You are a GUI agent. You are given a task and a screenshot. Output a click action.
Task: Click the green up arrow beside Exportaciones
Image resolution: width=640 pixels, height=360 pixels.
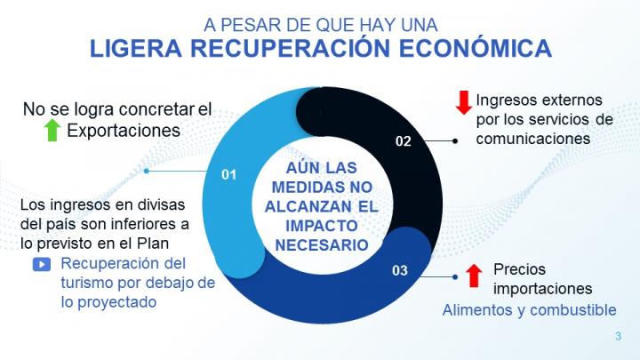coord(52,132)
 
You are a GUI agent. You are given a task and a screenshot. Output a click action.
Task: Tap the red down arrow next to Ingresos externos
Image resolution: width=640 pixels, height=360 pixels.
coord(463,102)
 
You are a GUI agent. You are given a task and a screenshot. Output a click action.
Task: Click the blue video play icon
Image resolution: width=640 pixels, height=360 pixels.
coord(41,264)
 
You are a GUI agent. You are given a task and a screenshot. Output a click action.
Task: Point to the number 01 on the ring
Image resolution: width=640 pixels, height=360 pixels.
coord(228,174)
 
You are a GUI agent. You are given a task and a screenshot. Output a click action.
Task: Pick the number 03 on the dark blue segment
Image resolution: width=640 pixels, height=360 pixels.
coord(399,269)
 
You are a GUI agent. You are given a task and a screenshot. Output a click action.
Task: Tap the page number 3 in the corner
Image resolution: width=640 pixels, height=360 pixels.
coord(618,336)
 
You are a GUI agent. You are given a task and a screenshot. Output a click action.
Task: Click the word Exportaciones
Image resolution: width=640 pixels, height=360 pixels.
coord(124,132)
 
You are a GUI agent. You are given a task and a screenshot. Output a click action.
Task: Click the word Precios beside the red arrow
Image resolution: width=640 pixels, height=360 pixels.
coord(519,269)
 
